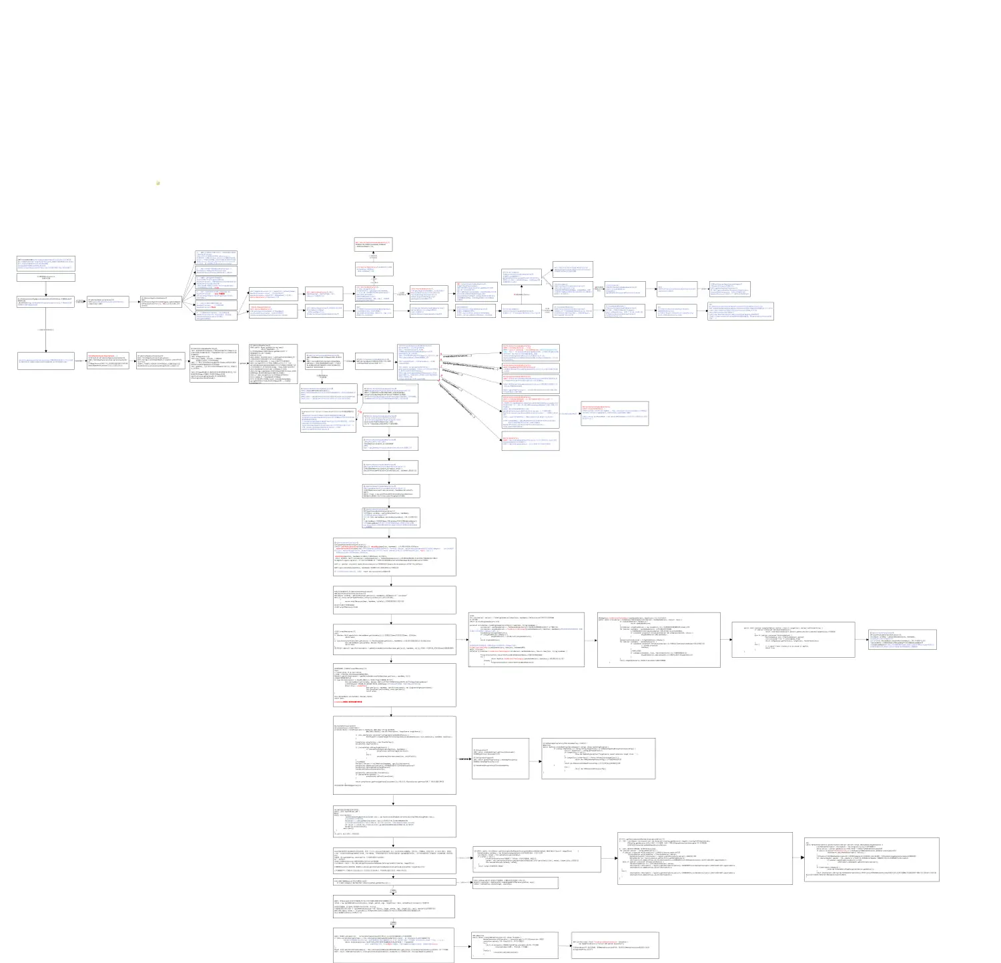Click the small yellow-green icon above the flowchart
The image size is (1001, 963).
[x=158, y=182]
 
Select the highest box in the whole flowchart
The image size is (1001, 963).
[x=374, y=244]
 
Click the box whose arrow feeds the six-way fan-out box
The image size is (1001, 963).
[x=107, y=302]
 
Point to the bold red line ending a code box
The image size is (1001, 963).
[x=348, y=702]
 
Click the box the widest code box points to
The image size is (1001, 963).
[x=871, y=859]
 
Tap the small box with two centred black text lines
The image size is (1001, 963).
[x=46, y=277]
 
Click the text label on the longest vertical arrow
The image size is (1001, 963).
[x=46, y=329]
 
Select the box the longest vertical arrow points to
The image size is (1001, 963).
[x=46, y=361]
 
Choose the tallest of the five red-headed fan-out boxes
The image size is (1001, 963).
[x=530, y=411]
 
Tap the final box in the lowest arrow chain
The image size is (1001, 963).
[x=615, y=946]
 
